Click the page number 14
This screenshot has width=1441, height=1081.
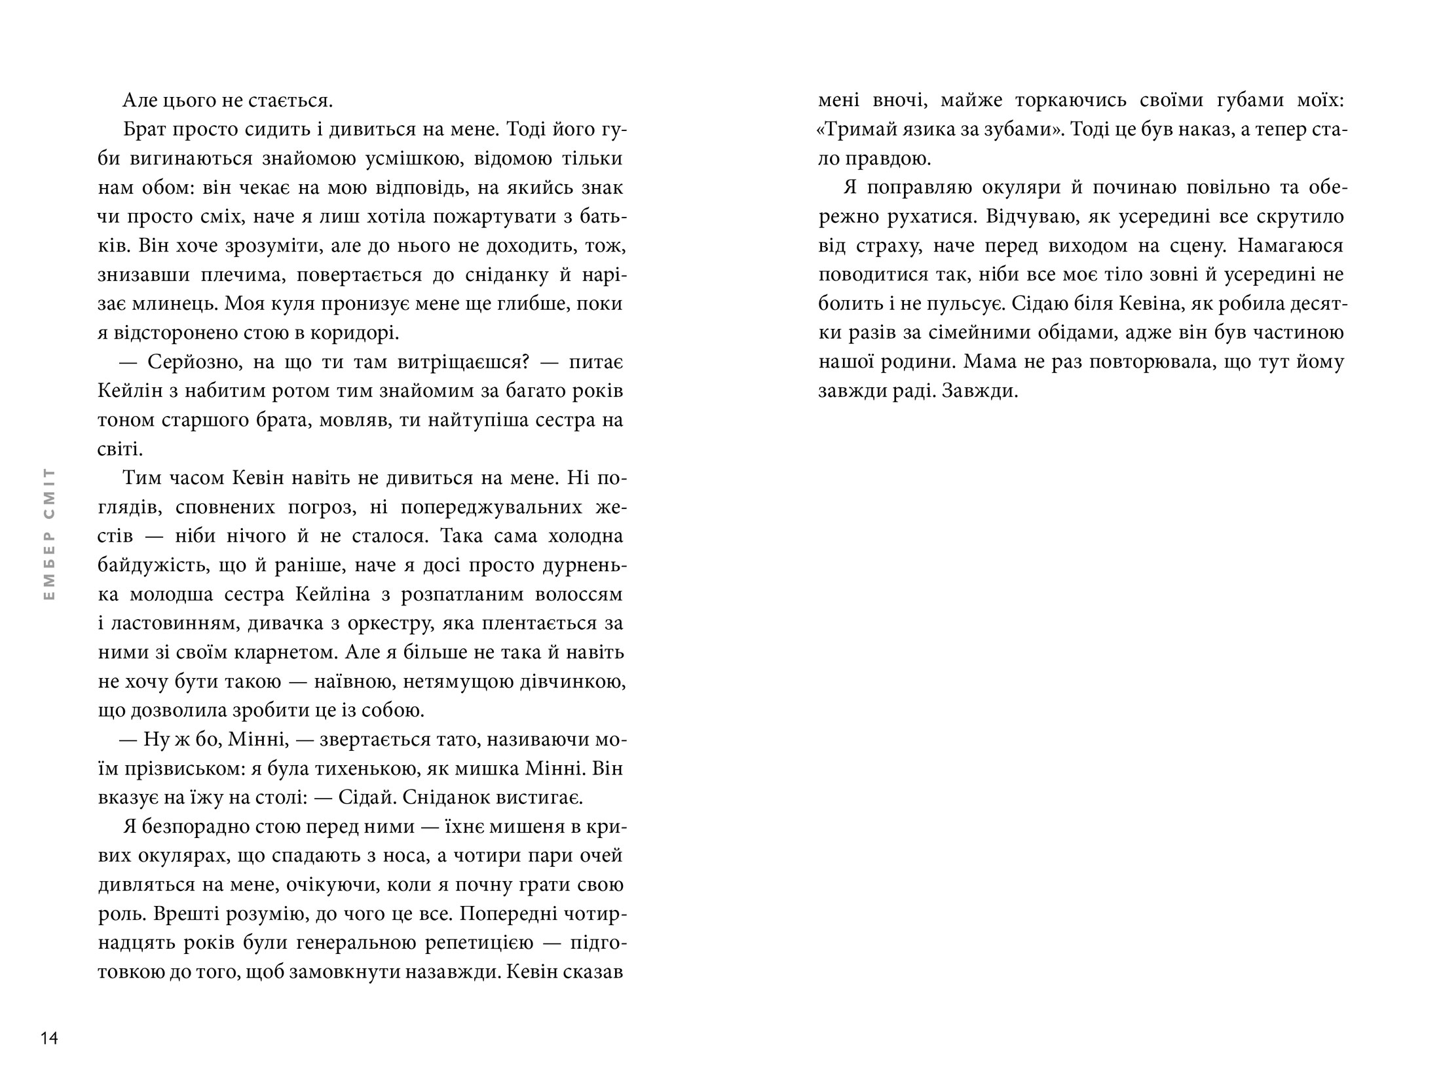[x=49, y=1038]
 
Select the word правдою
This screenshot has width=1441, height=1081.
[x=888, y=159]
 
